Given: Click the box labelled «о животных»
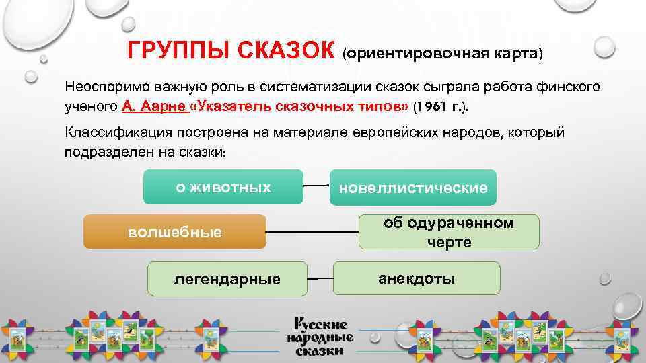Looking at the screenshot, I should pos(223,187).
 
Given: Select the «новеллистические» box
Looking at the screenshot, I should pos(413,188).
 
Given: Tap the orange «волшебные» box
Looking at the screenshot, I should pos(175,232).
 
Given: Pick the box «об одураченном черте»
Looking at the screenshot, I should pos(449,233).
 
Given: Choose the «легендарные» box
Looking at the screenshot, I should pos(228,277).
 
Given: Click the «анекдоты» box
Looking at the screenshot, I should pos(417,277).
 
